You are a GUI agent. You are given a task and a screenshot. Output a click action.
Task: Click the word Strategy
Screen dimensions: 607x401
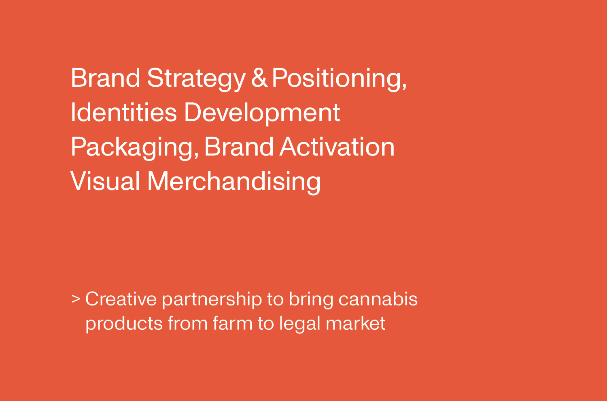coord(196,79)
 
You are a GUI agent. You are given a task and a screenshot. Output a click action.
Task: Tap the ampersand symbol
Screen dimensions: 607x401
coord(259,78)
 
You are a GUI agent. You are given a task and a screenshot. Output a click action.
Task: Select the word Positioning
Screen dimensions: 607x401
coord(339,79)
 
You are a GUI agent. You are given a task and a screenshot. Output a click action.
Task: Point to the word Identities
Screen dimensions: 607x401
coord(124,112)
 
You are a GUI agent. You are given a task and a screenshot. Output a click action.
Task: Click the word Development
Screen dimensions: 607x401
coord(262,114)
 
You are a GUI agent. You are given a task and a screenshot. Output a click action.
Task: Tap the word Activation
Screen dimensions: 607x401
coord(337,147)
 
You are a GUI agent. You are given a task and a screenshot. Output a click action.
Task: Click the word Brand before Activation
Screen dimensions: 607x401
coord(239,147)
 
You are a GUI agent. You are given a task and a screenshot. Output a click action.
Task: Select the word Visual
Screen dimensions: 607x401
coord(105,181)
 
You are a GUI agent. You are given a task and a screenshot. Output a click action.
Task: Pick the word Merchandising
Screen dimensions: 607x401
coord(234,183)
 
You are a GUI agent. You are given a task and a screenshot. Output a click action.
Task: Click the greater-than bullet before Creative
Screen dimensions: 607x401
coord(76,299)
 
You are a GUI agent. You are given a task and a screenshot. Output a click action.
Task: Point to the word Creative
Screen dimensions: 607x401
coord(121,299)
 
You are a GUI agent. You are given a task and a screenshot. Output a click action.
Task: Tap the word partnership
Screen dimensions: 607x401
coord(212,300)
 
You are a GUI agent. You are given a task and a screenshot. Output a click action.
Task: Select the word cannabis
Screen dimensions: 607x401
coord(378,299)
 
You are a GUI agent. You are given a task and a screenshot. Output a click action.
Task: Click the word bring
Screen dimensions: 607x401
coord(311,300)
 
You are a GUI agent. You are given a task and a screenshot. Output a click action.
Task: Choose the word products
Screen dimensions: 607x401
coord(124,324)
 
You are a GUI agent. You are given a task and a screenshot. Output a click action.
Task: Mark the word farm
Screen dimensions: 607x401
coord(233,323)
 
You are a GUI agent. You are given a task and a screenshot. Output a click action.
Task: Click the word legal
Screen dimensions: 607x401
coord(300,324)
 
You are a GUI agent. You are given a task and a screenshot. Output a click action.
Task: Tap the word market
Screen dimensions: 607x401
coord(356,323)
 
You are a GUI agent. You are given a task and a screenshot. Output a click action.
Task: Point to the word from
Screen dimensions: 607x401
coord(187,323)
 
